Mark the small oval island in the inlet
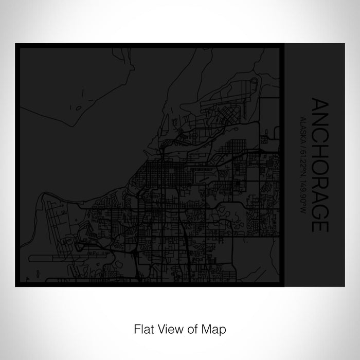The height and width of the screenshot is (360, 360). [x=78, y=109]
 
